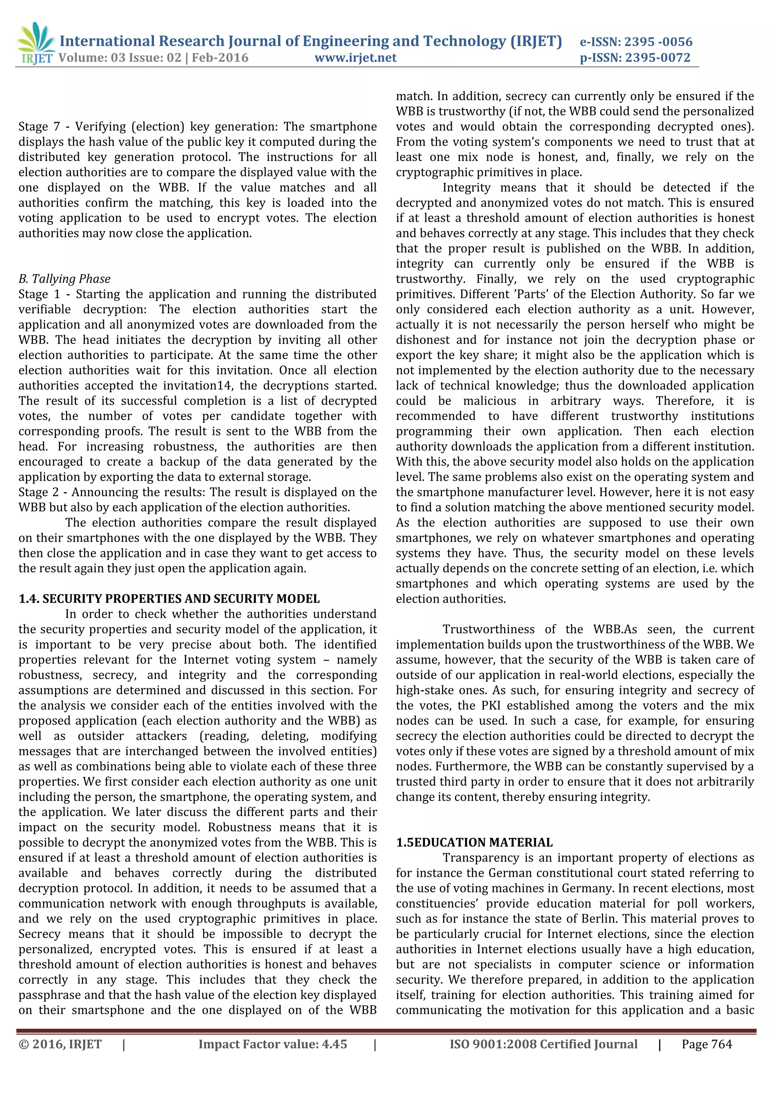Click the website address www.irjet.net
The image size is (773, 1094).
[x=355, y=58]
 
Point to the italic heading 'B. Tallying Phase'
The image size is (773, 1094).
[x=64, y=279]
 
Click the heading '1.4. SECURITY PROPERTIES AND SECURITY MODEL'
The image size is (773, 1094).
[x=169, y=599]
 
